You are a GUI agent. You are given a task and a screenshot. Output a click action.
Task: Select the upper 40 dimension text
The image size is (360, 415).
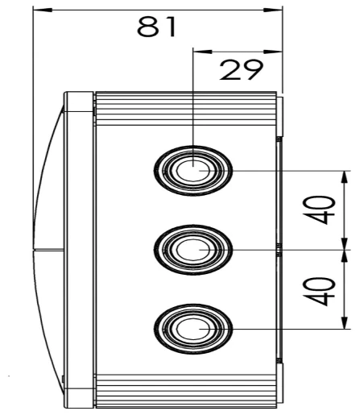tap(325, 210)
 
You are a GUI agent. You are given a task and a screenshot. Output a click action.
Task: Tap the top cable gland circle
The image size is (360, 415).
tap(193, 171)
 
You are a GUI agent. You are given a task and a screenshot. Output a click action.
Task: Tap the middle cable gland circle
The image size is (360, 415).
tap(193, 250)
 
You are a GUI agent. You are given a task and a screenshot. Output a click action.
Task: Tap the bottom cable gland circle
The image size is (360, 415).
tap(193, 329)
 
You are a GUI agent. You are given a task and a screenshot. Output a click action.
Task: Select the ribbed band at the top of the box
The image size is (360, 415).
tap(185, 104)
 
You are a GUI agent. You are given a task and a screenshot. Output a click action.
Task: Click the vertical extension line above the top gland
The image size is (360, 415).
tap(193, 97)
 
